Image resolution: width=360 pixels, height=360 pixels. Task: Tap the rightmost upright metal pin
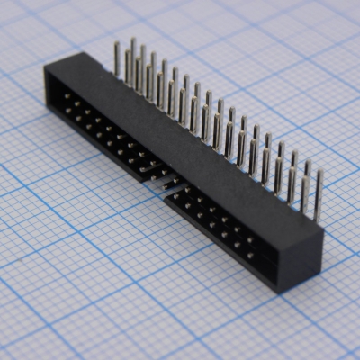318,193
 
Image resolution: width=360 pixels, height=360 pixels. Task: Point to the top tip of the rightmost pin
319,173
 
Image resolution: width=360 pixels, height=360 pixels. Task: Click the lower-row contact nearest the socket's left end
67,110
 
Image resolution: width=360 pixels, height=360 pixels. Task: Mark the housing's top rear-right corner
322,235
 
